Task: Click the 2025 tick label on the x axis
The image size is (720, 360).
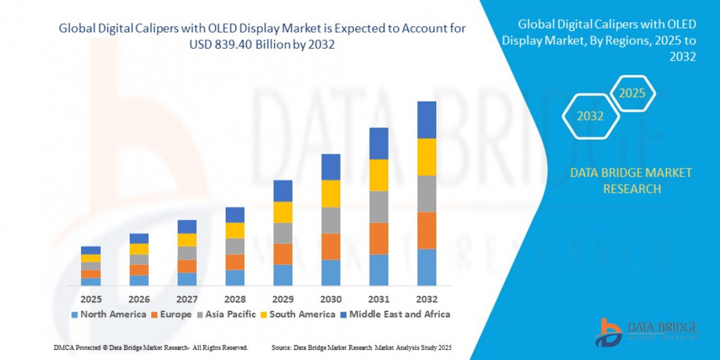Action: click(x=91, y=299)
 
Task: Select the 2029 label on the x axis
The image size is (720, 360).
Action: click(x=283, y=299)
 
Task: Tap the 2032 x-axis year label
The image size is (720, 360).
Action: click(x=427, y=299)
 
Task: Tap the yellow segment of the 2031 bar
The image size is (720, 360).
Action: click(x=379, y=175)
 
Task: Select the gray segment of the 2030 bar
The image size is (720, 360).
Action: click(x=331, y=220)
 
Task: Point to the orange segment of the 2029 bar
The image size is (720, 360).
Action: click(x=283, y=254)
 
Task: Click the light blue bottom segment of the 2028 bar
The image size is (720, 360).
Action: click(x=235, y=277)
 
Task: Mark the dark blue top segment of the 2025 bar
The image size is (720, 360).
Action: click(x=91, y=250)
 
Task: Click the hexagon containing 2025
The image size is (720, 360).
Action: click(x=632, y=94)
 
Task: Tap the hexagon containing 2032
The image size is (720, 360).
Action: click(x=590, y=116)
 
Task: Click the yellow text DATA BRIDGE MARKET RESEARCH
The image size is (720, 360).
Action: click(x=631, y=181)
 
